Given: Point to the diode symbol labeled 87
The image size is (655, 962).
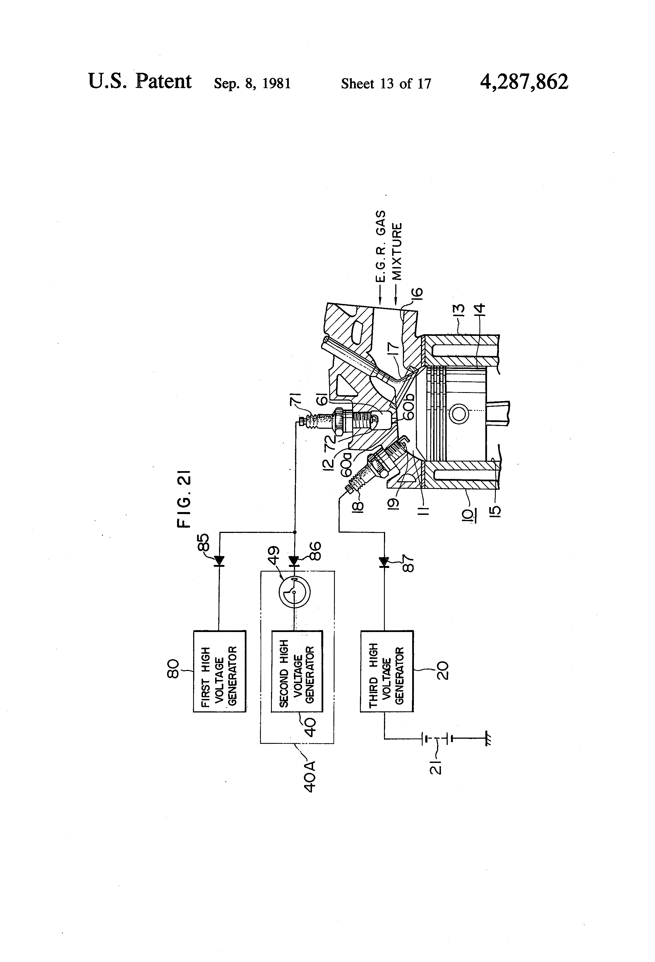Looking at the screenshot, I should click(384, 562).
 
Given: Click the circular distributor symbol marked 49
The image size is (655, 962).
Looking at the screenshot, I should click(294, 592).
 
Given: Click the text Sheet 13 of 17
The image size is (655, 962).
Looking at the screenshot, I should click(386, 84).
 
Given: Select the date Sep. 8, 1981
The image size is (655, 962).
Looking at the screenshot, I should click(252, 84).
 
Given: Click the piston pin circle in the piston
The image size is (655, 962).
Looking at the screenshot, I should click(459, 414).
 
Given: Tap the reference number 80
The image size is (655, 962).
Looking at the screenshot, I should click(173, 669).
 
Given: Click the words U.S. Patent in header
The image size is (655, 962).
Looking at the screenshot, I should click(140, 81).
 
